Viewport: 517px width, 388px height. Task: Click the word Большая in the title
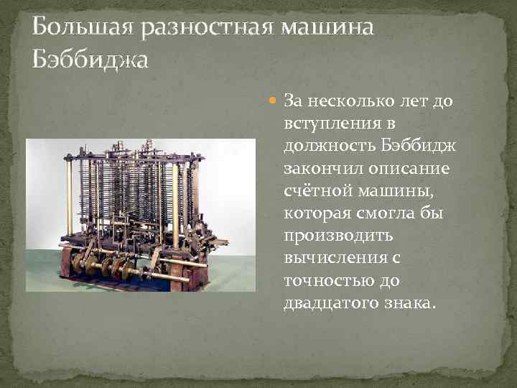pos(81,29)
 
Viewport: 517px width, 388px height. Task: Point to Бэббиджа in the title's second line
pos(90,60)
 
